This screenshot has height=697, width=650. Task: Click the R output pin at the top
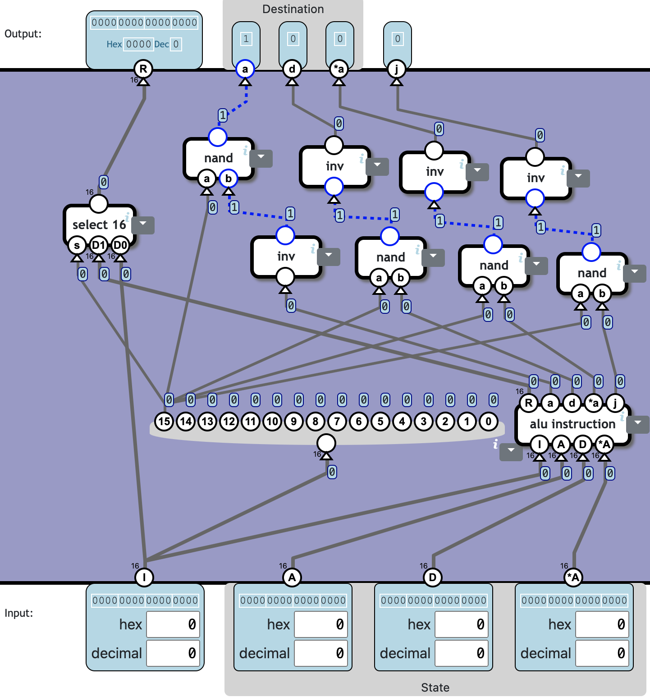143,69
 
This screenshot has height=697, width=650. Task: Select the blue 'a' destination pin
245,69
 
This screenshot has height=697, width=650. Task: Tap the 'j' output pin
397,69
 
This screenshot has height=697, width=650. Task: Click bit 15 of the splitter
164,422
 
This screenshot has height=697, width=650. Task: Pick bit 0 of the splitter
489,422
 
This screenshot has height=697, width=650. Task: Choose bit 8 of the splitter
316,422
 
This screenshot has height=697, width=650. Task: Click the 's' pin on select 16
77,245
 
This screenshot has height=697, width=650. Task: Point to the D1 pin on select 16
99,245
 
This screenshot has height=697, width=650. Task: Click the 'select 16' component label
99,225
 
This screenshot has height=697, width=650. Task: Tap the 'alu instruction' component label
572,424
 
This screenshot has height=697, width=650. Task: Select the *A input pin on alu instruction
604,445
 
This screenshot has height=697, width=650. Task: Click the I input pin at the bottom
144,577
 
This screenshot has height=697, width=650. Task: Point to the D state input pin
433,577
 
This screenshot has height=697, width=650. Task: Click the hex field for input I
173,624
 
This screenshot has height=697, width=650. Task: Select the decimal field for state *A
602,653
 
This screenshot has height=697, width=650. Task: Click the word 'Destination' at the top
293,9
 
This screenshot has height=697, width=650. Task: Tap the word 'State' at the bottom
435,688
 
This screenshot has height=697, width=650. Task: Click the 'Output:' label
23,34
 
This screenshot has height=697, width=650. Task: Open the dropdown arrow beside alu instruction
638,424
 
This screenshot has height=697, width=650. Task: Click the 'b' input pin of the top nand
229,179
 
